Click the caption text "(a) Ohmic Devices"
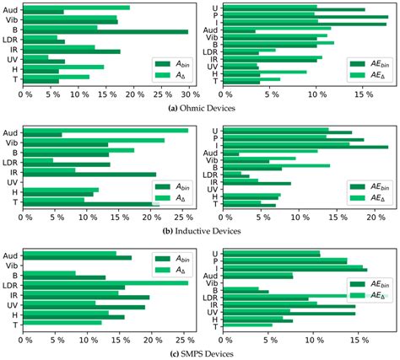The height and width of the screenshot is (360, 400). click(x=199, y=108)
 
